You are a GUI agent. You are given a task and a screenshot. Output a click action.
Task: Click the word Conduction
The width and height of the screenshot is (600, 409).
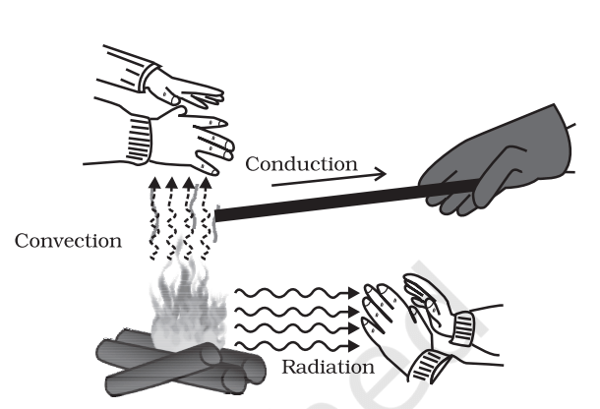[301, 163]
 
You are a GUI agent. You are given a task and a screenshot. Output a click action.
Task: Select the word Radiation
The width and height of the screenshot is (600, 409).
[328, 368]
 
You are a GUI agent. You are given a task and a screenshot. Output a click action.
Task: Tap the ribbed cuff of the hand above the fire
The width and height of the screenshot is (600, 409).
[138, 137]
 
